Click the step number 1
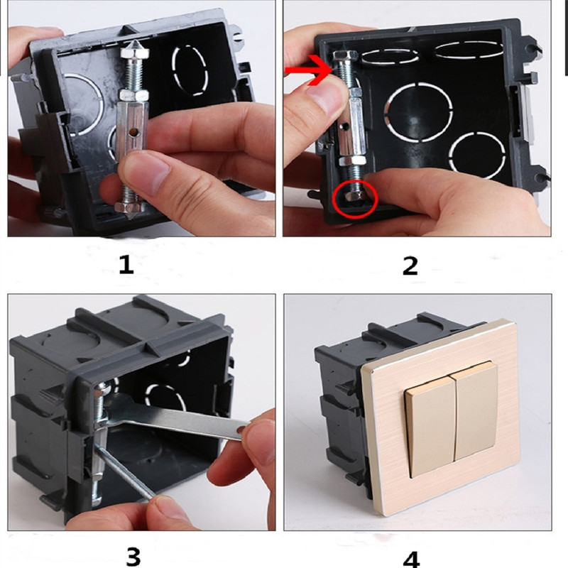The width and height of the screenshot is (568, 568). [126, 264]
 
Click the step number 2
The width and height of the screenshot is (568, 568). [410, 266]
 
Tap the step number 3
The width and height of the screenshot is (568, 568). [133, 557]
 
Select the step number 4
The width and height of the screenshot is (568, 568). [411, 559]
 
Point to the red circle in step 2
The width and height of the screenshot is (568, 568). [356, 200]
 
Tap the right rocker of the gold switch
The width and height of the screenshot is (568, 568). [475, 410]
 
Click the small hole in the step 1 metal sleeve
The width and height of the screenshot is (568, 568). [135, 133]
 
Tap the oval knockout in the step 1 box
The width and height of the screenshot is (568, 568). [190, 70]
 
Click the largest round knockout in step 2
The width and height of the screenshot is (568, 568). [418, 112]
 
